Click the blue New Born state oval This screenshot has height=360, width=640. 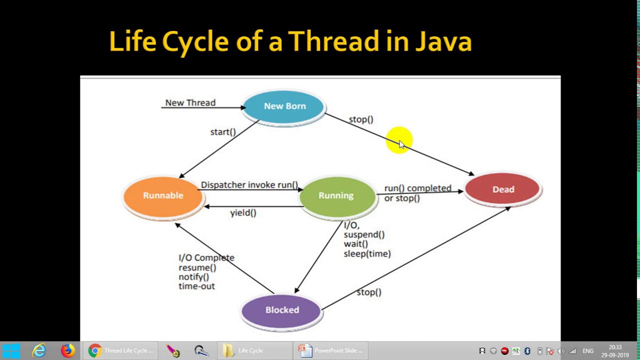[284, 106]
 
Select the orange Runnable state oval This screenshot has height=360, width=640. [163, 196]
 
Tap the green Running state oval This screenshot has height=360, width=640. [336, 196]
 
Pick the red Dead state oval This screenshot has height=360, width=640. [503, 190]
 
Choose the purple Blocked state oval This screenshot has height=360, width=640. [282, 310]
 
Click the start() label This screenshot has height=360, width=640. [223, 132]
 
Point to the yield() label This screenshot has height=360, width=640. [243, 213]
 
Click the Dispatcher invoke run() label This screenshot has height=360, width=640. [249, 185]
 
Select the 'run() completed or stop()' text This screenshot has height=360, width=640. [417, 193]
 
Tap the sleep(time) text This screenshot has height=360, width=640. [367, 254]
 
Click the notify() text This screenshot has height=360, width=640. [193, 277]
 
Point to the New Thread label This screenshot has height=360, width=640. [190, 103]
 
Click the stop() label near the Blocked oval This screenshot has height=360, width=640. [369, 292]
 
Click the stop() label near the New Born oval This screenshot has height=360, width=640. [361, 119]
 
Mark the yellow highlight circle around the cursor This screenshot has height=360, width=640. [398, 139]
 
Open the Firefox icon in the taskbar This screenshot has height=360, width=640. [68, 350]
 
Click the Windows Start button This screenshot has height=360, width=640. [11, 350]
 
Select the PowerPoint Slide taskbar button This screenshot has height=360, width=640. [331, 350]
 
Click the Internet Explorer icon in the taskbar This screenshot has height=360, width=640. [39, 350]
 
